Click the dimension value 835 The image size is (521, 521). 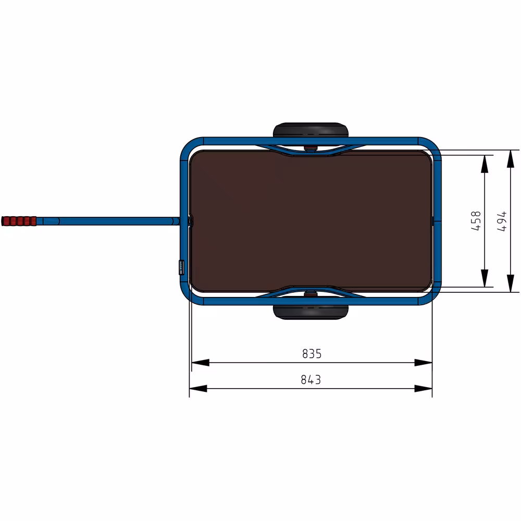[x=312, y=354]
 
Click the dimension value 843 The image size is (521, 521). [x=311, y=380]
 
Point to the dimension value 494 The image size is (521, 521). [x=501, y=221]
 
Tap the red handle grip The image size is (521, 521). [x=19, y=221]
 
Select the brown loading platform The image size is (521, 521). [x=311, y=221]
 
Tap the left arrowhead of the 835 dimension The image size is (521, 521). [x=201, y=363]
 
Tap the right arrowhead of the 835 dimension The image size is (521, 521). [x=424, y=363]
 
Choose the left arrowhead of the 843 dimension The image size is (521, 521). [x=199, y=388]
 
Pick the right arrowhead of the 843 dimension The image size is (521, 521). [x=424, y=388]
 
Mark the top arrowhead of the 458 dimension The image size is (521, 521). [x=485, y=164]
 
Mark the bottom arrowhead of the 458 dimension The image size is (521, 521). [x=485, y=278]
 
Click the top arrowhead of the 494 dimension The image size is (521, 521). [x=510, y=159]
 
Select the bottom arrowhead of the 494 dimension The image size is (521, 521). [x=510, y=283]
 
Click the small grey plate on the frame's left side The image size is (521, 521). [x=181, y=266]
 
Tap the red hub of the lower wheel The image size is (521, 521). [x=311, y=293]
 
